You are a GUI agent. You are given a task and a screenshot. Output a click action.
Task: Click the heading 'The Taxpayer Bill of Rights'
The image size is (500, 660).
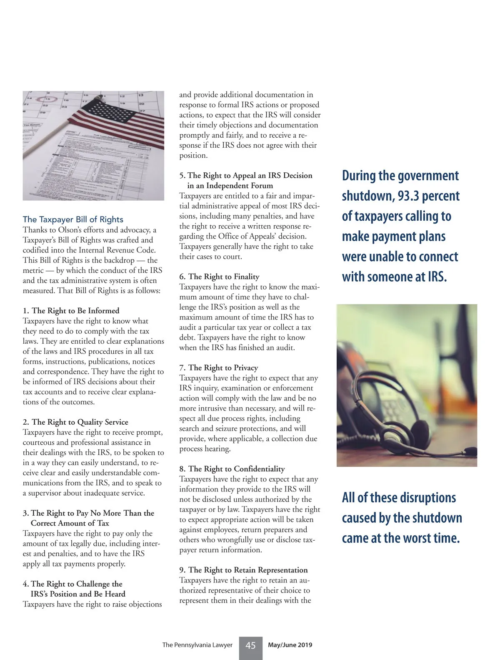[73, 219]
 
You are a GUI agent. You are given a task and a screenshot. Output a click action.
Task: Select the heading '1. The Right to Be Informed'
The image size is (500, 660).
[71, 311]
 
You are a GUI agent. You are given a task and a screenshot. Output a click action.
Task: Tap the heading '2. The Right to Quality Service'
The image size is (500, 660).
[75, 422]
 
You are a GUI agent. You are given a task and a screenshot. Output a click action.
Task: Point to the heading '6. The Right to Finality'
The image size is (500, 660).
[219, 277]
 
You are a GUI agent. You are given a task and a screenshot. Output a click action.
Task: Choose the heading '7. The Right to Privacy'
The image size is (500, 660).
[219, 368]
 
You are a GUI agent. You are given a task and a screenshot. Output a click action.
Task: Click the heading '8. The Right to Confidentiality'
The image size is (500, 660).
[232, 469]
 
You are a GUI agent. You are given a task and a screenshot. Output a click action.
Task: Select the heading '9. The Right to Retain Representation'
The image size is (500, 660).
[243, 570]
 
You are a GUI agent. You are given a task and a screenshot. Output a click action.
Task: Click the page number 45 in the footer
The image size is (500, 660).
[250, 645]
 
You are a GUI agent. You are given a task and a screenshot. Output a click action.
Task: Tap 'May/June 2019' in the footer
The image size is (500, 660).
[290, 645]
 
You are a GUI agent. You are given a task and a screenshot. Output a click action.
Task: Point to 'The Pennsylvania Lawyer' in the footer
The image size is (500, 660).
[197, 645]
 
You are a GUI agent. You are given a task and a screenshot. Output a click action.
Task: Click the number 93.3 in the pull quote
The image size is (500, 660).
[410, 196]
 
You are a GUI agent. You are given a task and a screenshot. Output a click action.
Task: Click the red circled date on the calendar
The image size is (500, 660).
[42, 100]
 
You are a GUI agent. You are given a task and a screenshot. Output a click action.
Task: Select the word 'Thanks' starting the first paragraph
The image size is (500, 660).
[35, 230]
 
